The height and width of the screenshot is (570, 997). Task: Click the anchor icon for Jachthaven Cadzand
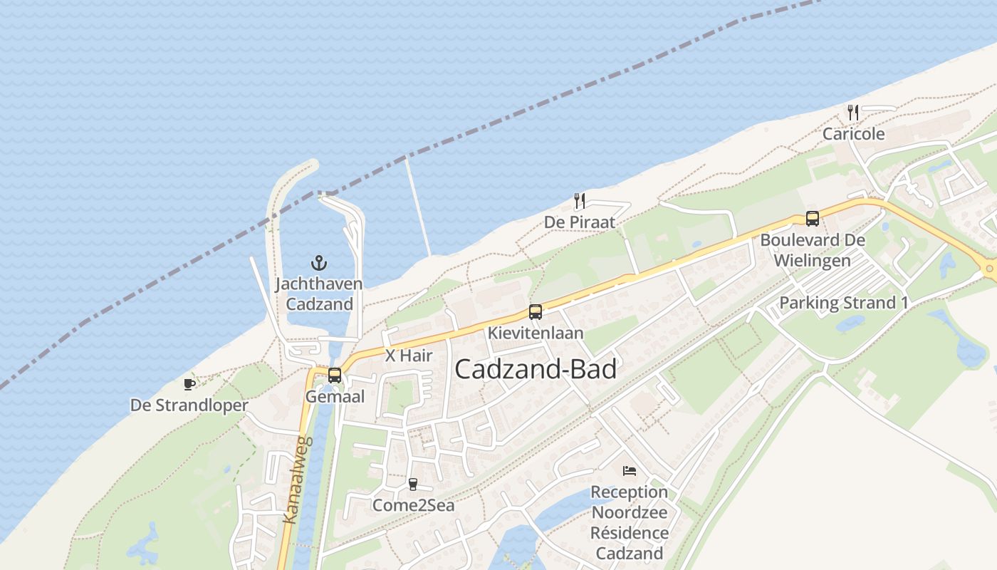pyautogui.click(x=319, y=263)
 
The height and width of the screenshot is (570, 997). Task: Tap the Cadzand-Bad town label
pyautogui.click(x=535, y=369)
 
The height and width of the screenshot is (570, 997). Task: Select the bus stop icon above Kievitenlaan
pyautogui.click(x=535, y=312)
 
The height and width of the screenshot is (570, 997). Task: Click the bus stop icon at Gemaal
pyautogui.click(x=334, y=375)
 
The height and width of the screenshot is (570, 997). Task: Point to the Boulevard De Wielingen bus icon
pyautogui.click(x=812, y=219)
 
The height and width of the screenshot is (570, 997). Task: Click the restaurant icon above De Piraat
pyautogui.click(x=580, y=201)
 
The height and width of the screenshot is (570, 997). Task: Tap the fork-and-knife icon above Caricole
pyautogui.click(x=853, y=112)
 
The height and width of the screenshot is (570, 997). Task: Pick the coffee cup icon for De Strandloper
pyautogui.click(x=189, y=385)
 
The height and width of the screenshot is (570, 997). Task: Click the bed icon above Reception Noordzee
pyautogui.click(x=629, y=471)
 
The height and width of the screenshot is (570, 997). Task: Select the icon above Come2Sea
pyautogui.click(x=412, y=484)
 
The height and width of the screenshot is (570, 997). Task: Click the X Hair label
pyautogui.click(x=409, y=356)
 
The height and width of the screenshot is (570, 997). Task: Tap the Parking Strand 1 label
pyautogui.click(x=844, y=303)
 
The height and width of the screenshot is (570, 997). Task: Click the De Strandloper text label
pyautogui.click(x=189, y=405)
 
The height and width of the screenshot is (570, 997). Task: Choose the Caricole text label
pyautogui.click(x=853, y=134)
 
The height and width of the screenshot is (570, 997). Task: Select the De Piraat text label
pyautogui.click(x=580, y=222)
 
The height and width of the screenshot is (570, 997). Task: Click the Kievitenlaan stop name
pyautogui.click(x=535, y=333)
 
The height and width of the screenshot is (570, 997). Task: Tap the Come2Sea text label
pyautogui.click(x=413, y=505)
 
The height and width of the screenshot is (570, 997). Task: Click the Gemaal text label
pyautogui.click(x=334, y=396)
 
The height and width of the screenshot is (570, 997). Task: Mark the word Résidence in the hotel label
pyautogui.click(x=629, y=533)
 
